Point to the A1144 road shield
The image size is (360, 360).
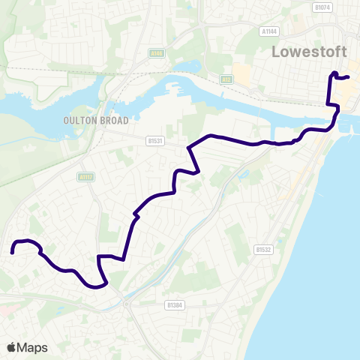(x=269, y=31)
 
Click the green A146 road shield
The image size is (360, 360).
(x=156, y=53)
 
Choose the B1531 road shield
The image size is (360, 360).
(x=155, y=139)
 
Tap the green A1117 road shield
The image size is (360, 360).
(x=85, y=177)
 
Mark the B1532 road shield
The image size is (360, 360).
(x=262, y=249)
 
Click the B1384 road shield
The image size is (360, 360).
(x=174, y=305)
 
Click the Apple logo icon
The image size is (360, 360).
(x=12, y=347)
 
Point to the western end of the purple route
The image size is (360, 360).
(x=13, y=253)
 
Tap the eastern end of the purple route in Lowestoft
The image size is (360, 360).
(x=349, y=76)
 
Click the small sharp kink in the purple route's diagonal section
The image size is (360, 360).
(x=136, y=215)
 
